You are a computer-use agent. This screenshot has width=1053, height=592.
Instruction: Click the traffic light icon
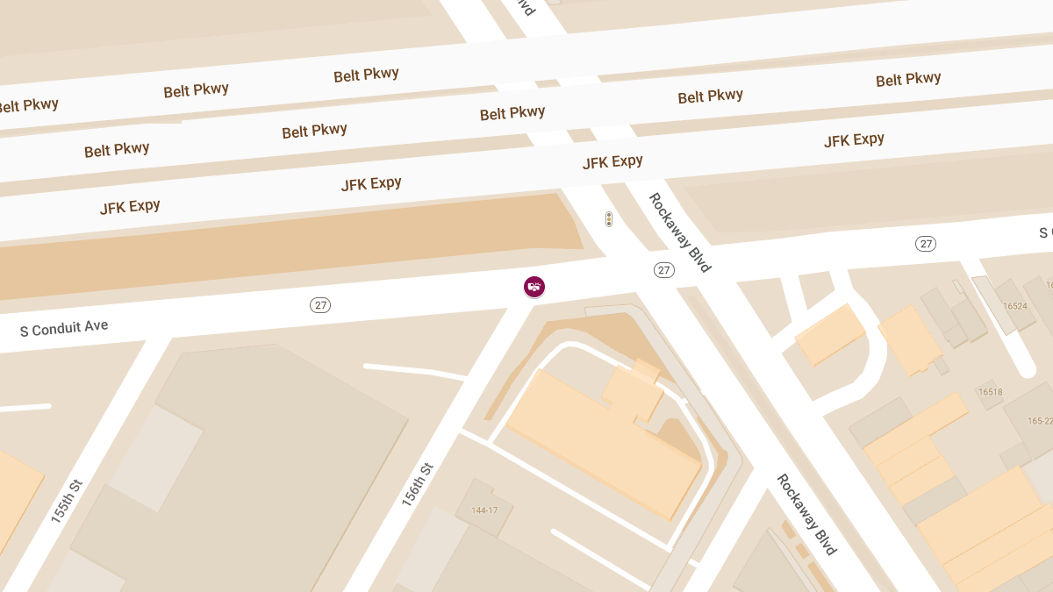click(x=609, y=219)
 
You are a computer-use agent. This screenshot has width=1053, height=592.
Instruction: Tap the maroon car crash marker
click(x=534, y=286)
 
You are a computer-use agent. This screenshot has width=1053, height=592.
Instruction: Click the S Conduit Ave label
click(x=64, y=329)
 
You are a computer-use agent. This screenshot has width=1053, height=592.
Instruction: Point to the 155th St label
click(x=67, y=501)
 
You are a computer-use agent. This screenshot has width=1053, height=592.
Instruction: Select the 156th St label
click(x=418, y=484)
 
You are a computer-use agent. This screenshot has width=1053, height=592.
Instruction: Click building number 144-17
click(x=484, y=510)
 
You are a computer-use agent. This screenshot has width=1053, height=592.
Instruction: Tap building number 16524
click(x=1015, y=306)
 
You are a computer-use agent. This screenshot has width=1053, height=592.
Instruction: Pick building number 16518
click(x=990, y=392)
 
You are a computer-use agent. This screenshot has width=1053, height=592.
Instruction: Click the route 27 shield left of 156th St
click(x=320, y=305)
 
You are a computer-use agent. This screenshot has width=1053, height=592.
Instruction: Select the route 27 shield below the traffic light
click(x=664, y=270)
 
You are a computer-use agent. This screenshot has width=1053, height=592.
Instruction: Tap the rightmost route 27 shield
click(x=926, y=244)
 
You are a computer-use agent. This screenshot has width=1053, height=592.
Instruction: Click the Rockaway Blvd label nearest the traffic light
click(x=679, y=232)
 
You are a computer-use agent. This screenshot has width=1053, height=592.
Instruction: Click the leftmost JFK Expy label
click(x=130, y=207)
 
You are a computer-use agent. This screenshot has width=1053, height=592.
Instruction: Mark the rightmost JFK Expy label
click(x=854, y=140)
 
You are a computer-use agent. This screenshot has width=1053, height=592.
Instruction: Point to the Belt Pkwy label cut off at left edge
click(x=26, y=106)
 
